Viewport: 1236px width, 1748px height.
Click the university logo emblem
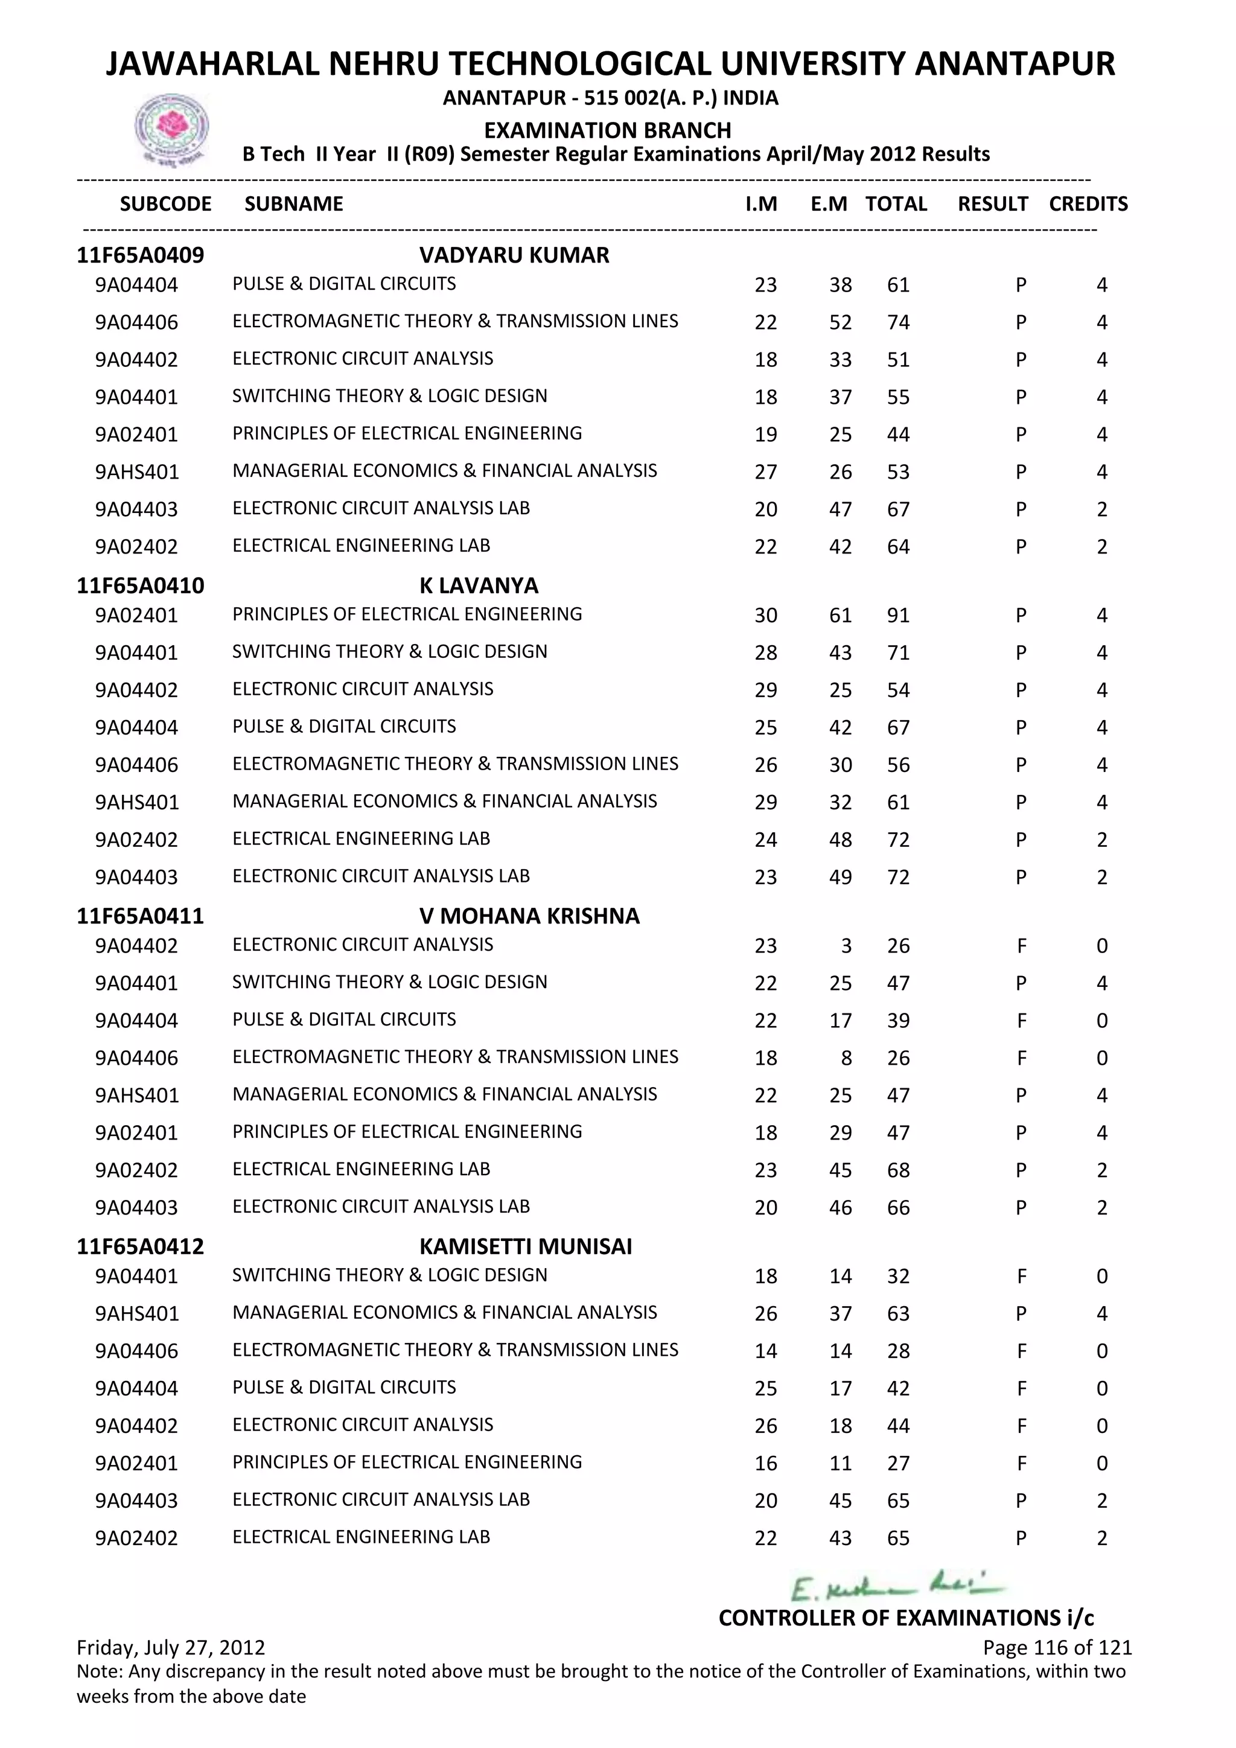pos(172,128)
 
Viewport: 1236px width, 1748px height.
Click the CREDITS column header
pos(1088,204)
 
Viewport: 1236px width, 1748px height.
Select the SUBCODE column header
pos(165,204)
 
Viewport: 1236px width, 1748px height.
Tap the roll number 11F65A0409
pos(140,255)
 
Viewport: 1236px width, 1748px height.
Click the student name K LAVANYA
pos(478,585)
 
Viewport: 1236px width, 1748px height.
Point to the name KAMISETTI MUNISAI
pos(525,1246)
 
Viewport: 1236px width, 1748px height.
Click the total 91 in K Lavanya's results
pos(898,615)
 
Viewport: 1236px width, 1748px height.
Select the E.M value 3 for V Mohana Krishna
pos(846,946)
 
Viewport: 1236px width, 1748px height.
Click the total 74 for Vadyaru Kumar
pos(898,322)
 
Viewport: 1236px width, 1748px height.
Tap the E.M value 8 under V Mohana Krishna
pos(846,1057)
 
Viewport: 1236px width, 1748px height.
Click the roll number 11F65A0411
pos(140,916)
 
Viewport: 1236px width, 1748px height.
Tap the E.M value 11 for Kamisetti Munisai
pos(840,1463)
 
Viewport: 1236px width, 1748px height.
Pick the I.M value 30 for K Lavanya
pos(766,615)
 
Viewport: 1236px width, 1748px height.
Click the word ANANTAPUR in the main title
pos(1015,64)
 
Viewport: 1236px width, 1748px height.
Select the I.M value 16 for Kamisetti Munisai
pos(766,1463)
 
